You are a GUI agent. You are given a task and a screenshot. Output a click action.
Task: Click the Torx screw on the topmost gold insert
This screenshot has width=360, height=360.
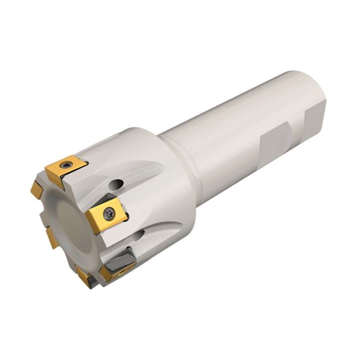click(x=66, y=165)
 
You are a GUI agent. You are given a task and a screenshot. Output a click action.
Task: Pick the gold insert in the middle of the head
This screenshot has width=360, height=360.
click(x=107, y=215)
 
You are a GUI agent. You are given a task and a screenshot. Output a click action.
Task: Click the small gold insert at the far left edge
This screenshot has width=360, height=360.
click(x=37, y=190)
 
